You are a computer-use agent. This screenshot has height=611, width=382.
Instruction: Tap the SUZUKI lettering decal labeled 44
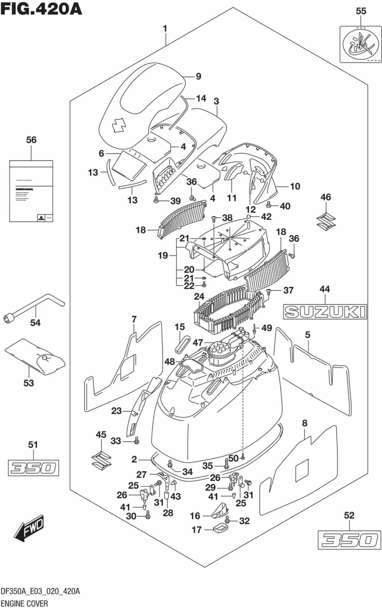[x=325, y=312]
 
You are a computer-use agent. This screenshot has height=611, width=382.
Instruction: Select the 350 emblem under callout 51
[x=34, y=468]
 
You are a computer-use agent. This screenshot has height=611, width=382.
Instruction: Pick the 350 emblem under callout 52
[x=349, y=540]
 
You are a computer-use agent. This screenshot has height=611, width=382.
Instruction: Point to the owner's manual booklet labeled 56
[x=31, y=191]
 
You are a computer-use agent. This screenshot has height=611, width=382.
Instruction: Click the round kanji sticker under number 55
[x=361, y=44]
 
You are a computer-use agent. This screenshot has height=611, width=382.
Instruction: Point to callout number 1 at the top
[x=165, y=28]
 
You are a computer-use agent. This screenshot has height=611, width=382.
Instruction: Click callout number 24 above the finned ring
[x=199, y=296]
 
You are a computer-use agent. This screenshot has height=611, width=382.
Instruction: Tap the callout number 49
[x=267, y=328]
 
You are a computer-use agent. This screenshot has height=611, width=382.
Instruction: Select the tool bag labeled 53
[x=36, y=357]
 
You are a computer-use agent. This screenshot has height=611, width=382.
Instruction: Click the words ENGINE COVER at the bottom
[x=24, y=604]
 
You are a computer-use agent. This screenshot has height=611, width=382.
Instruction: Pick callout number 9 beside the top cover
[x=198, y=76]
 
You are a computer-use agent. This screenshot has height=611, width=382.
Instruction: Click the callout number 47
[x=197, y=343]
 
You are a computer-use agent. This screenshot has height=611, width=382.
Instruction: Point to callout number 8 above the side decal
[x=304, y=423]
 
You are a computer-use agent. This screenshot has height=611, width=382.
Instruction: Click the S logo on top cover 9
[x=117, y=125]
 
